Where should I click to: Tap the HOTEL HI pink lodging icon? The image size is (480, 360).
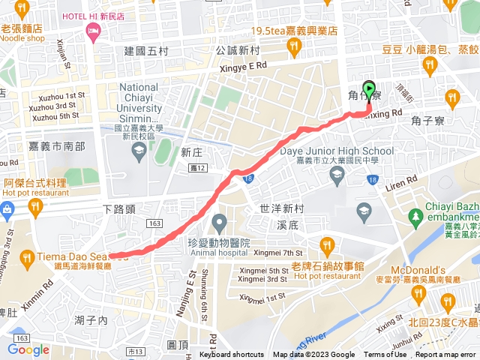93,31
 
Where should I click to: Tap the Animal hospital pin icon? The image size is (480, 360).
219,223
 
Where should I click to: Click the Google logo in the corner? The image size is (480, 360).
28,349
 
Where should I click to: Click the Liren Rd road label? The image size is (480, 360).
400,184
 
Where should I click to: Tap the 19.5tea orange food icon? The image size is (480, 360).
294,48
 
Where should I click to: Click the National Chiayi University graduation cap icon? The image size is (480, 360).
139,153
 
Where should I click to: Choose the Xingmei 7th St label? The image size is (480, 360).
277,253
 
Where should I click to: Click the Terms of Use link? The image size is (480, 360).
385,355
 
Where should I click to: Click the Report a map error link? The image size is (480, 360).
445,355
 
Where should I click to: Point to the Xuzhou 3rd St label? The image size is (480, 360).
54,106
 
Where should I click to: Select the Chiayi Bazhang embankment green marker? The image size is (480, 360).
416,217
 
